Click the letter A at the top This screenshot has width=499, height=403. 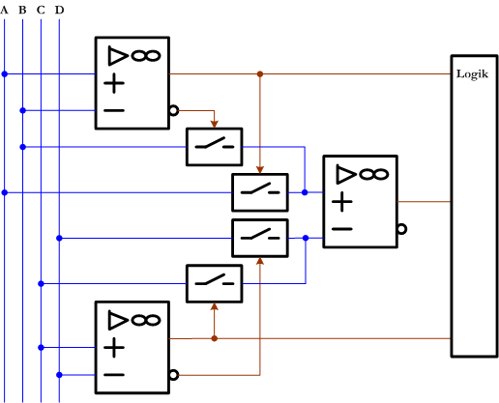(4, 10)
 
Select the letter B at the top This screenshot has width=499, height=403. (22, 10)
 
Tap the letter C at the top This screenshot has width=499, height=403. (41, 10)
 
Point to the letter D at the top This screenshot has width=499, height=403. (59, 10)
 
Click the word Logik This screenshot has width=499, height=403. (472, 74)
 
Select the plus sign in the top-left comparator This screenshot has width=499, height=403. (114, 83)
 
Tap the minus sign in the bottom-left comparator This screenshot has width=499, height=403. (114, 374)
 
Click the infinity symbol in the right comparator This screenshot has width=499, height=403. (373, 174)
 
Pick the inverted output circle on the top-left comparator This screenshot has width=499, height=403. (174, 110)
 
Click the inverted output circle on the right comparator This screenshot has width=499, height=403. (401, 229)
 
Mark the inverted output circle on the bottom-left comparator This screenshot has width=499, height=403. (174, 374)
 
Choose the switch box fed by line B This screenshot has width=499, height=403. (215, 147)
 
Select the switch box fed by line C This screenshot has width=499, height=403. (215, 283)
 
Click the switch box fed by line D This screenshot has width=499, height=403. (260, 237)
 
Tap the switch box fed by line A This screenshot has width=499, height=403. (260, 192)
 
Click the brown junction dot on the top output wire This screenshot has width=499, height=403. (260, 73)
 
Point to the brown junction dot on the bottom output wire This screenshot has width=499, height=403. (214, 338)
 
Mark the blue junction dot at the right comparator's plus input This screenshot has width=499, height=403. (305, 192)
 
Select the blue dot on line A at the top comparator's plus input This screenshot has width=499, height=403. (4, 73)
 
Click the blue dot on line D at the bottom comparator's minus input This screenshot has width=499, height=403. (59, 374)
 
